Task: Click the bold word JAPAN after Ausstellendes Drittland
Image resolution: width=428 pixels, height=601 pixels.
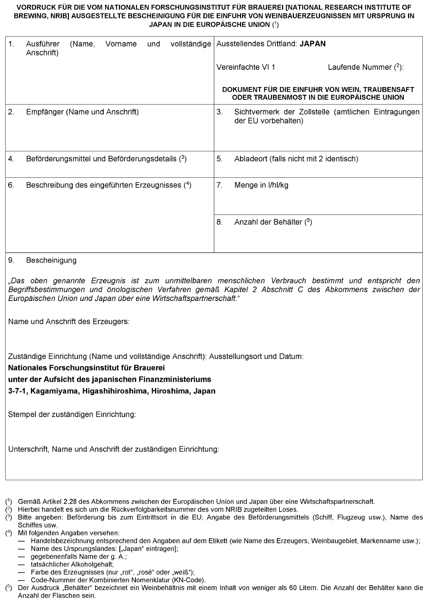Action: pyautogui.click(x=312, y=44)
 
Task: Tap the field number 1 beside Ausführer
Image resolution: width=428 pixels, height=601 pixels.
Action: pyautogui.click(x=11, y=44)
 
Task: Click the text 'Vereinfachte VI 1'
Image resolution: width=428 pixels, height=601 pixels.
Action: pyautogui.click(x=245, y=68)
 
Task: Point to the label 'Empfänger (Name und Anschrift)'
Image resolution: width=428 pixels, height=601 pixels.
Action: pyautogui.click(x=82, y=112)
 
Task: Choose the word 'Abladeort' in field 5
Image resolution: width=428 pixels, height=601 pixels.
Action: pyautogui.click(x=250, y=159)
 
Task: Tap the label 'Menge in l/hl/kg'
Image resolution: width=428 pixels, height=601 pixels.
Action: pyautogui.click(x=261, y=185)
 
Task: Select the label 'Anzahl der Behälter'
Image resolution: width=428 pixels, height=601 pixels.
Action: pyautogui.click(x=268, y=222)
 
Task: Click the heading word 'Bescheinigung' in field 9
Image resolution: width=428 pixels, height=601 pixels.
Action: pyautogui.click(x=51, y=261)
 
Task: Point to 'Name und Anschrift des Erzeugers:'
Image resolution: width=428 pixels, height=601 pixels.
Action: pyautogui.click(x=69, y=321)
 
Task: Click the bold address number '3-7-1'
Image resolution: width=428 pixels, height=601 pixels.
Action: pyautogui.click(x=18, y=391)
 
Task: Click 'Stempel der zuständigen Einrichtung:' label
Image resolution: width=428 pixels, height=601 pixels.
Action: pyautogui.click(x=72, y=415)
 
